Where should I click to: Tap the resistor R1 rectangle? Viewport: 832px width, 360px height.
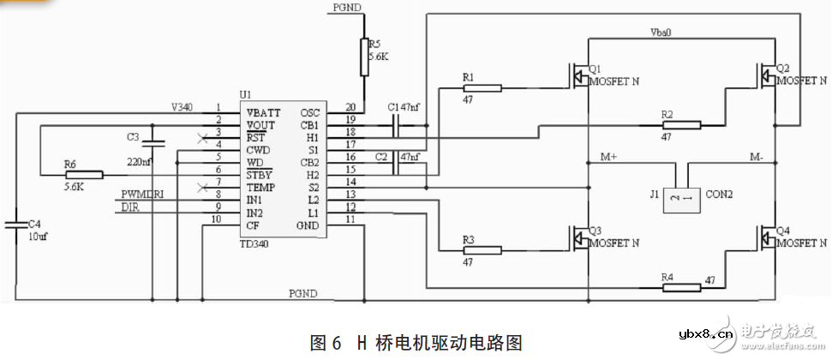(482, 87)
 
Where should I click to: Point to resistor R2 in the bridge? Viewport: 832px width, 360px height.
(680, 125)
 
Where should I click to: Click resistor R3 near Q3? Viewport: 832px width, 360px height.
(482, 250)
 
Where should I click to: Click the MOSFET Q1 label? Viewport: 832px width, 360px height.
(595, 69)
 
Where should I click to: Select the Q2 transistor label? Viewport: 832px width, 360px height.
(782, 68)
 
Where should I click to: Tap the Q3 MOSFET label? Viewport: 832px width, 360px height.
(595, 232)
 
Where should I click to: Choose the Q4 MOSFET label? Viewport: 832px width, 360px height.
(782, 231)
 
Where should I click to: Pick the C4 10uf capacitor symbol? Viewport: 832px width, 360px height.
(15, 225)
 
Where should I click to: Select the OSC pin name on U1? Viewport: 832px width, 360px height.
(309, 112)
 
